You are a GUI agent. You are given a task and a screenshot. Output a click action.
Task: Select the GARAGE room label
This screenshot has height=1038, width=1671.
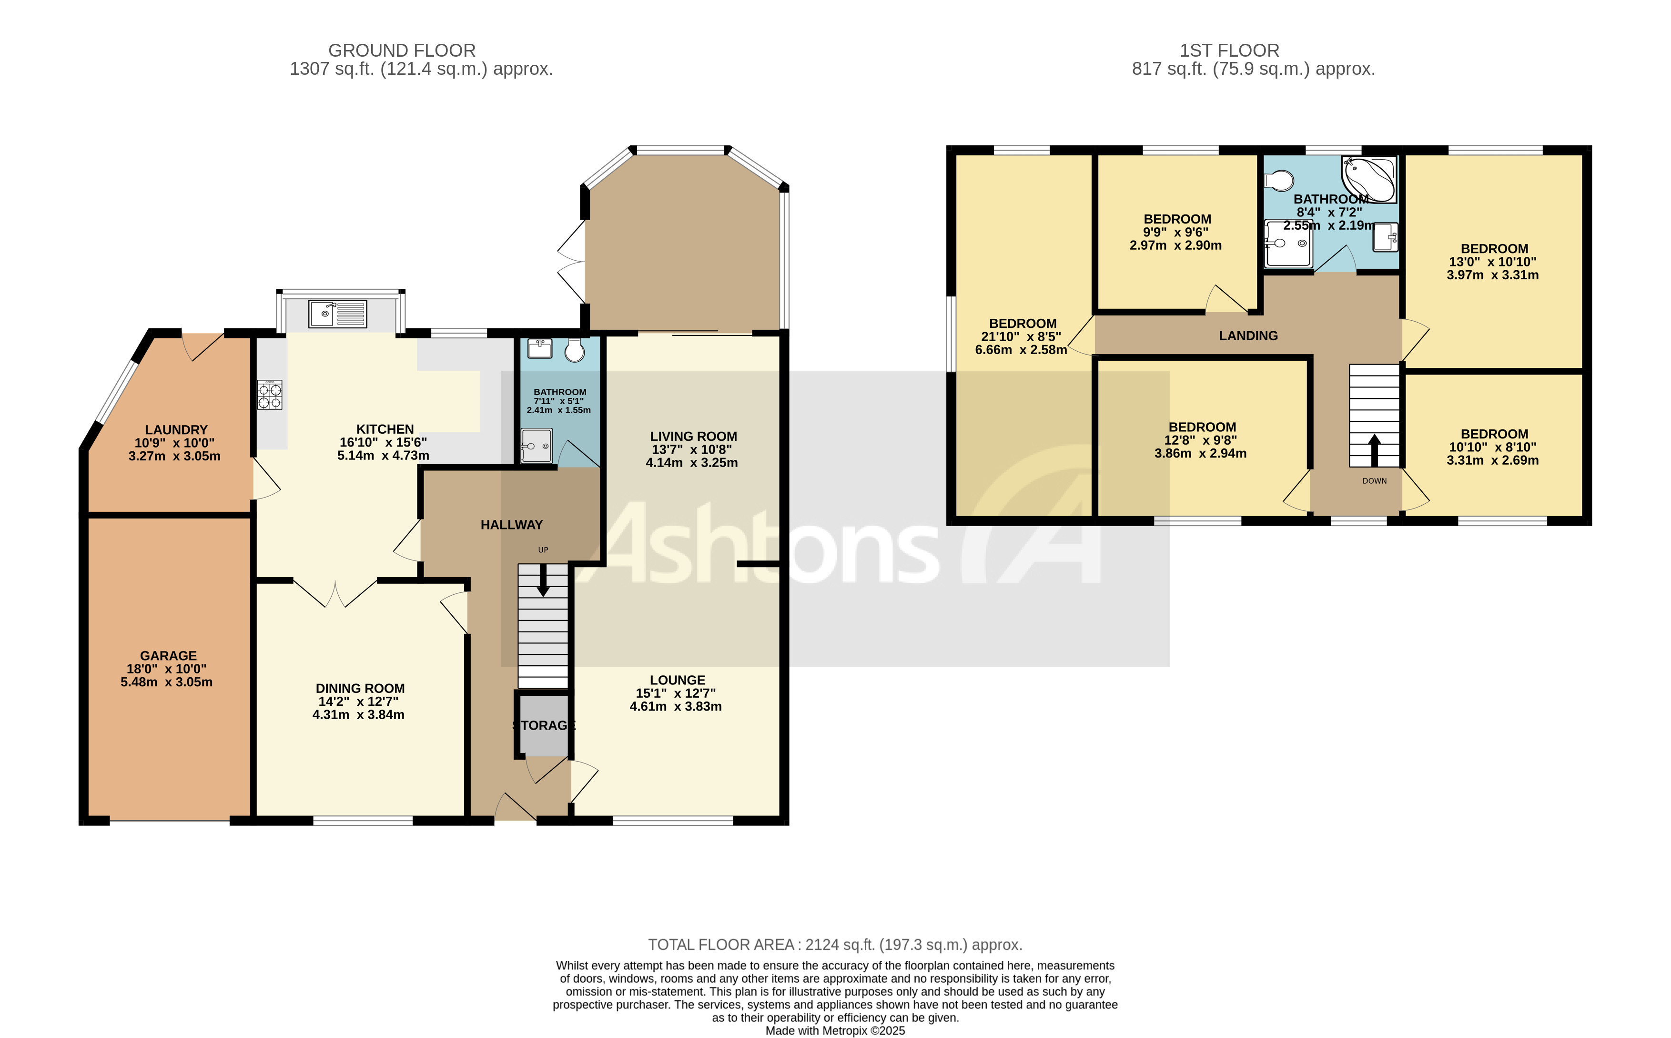pyautogui.click(x=168, y=656)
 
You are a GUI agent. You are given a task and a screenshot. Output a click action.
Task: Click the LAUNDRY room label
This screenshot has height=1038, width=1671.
pyautogui.click(x=176, y=430)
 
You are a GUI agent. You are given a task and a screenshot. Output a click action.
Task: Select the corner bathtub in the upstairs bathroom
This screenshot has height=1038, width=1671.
pyautogui.click(x=1369, y=178)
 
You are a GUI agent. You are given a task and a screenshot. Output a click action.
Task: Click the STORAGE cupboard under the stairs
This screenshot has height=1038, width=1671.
pyautogui.click(x=544, y=725)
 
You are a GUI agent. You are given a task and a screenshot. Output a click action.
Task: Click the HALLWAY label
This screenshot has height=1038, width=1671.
pyautogui.click(x=511, y=525)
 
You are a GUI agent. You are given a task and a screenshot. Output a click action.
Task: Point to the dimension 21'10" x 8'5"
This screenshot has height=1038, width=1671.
pyautogui.click(x=1021, y=336)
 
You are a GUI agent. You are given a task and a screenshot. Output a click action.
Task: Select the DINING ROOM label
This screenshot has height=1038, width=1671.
pyautogui.click(x=360, y=688)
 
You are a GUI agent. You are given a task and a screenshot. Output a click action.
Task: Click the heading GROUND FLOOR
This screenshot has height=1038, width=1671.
pyautogui.click(x=402, y=50)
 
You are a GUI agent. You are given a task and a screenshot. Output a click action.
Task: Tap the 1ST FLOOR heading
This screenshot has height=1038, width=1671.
pyautogui.click(x=1229, y=50)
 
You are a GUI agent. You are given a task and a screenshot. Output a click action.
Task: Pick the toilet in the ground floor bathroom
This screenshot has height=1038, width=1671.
pyautogui.click(x=574, y=351)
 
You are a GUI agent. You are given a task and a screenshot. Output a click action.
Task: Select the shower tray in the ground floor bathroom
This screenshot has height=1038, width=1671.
pyautogui.click(x=536, y=446)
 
